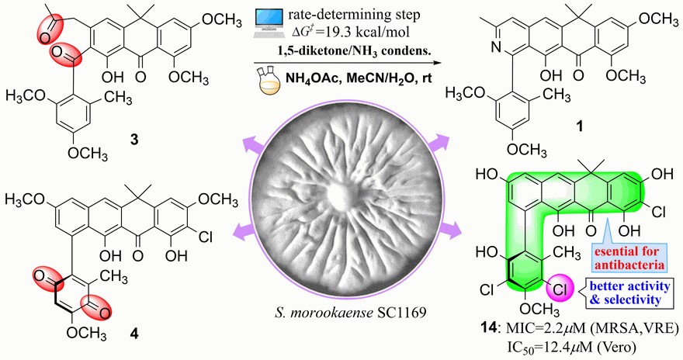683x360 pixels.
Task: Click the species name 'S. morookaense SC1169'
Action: (342, 317)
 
